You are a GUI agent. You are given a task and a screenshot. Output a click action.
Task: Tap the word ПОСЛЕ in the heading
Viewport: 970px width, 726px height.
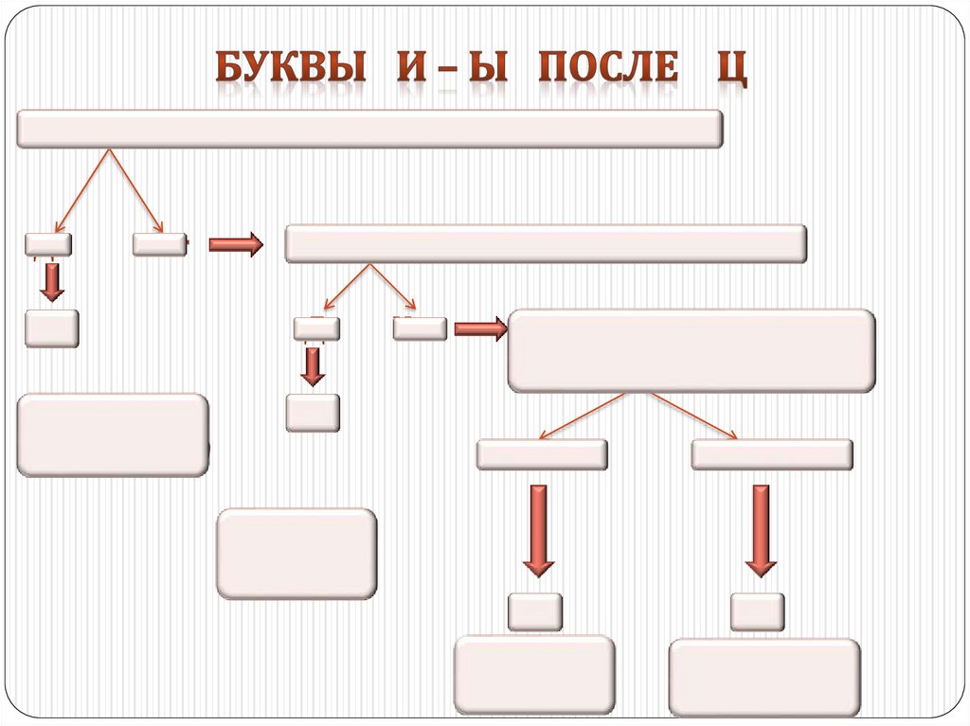608,68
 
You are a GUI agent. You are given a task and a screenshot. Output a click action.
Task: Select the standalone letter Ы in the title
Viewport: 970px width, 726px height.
484,68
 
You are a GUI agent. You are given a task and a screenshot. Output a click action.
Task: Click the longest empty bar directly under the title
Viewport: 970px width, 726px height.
369,129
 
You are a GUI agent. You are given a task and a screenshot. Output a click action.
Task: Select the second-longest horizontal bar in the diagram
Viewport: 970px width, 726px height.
546,243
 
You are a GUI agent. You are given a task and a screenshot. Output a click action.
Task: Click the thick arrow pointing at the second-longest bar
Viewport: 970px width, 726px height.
235,244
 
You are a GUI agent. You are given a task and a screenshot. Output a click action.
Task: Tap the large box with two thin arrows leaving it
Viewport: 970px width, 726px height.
692,350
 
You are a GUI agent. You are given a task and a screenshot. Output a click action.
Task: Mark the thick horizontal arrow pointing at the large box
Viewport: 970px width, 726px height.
480,329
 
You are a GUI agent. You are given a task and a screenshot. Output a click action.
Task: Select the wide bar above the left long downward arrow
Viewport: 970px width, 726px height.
542,454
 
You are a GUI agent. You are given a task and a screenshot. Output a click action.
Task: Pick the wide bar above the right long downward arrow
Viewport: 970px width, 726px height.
771,454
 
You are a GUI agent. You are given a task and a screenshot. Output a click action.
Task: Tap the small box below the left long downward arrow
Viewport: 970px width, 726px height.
535,611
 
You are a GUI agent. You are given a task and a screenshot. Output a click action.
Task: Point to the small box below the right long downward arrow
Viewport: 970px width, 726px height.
757,611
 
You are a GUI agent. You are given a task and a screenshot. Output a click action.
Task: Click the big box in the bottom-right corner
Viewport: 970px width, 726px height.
764,677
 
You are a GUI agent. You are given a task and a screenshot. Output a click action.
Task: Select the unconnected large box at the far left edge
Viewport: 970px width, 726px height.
113,434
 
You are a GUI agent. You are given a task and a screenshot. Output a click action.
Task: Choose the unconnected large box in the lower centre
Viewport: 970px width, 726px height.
296,554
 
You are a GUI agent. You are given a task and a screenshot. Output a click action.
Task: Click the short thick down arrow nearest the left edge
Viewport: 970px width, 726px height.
52,282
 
